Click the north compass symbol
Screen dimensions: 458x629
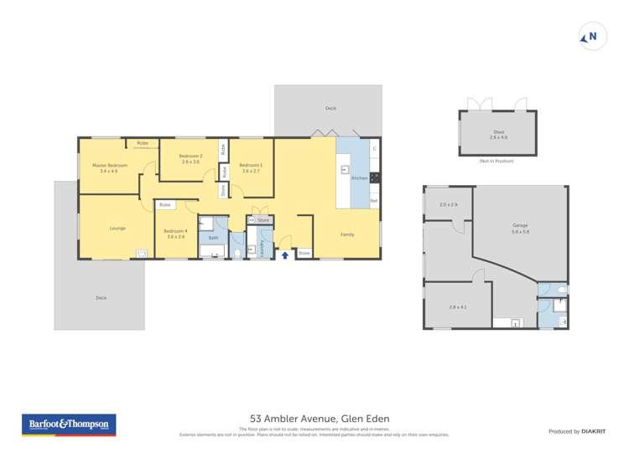tap(592, 37)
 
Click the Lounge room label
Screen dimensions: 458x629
tap(117, 228)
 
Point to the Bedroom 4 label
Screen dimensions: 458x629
tap(175, 234)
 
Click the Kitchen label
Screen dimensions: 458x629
tap(358, 178)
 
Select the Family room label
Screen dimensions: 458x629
tap(347, 234)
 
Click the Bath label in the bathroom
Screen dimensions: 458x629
tap(213, 238)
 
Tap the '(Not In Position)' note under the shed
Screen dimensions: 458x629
tap(497, 160)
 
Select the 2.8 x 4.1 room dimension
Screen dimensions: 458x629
tap(457, 307)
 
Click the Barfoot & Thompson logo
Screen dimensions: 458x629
tap(69, 425)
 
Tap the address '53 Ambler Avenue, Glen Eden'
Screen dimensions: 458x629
tap(320, 419)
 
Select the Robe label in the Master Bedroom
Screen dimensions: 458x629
tap(143, 144)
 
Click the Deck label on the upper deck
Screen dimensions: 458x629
tap(330, 109)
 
